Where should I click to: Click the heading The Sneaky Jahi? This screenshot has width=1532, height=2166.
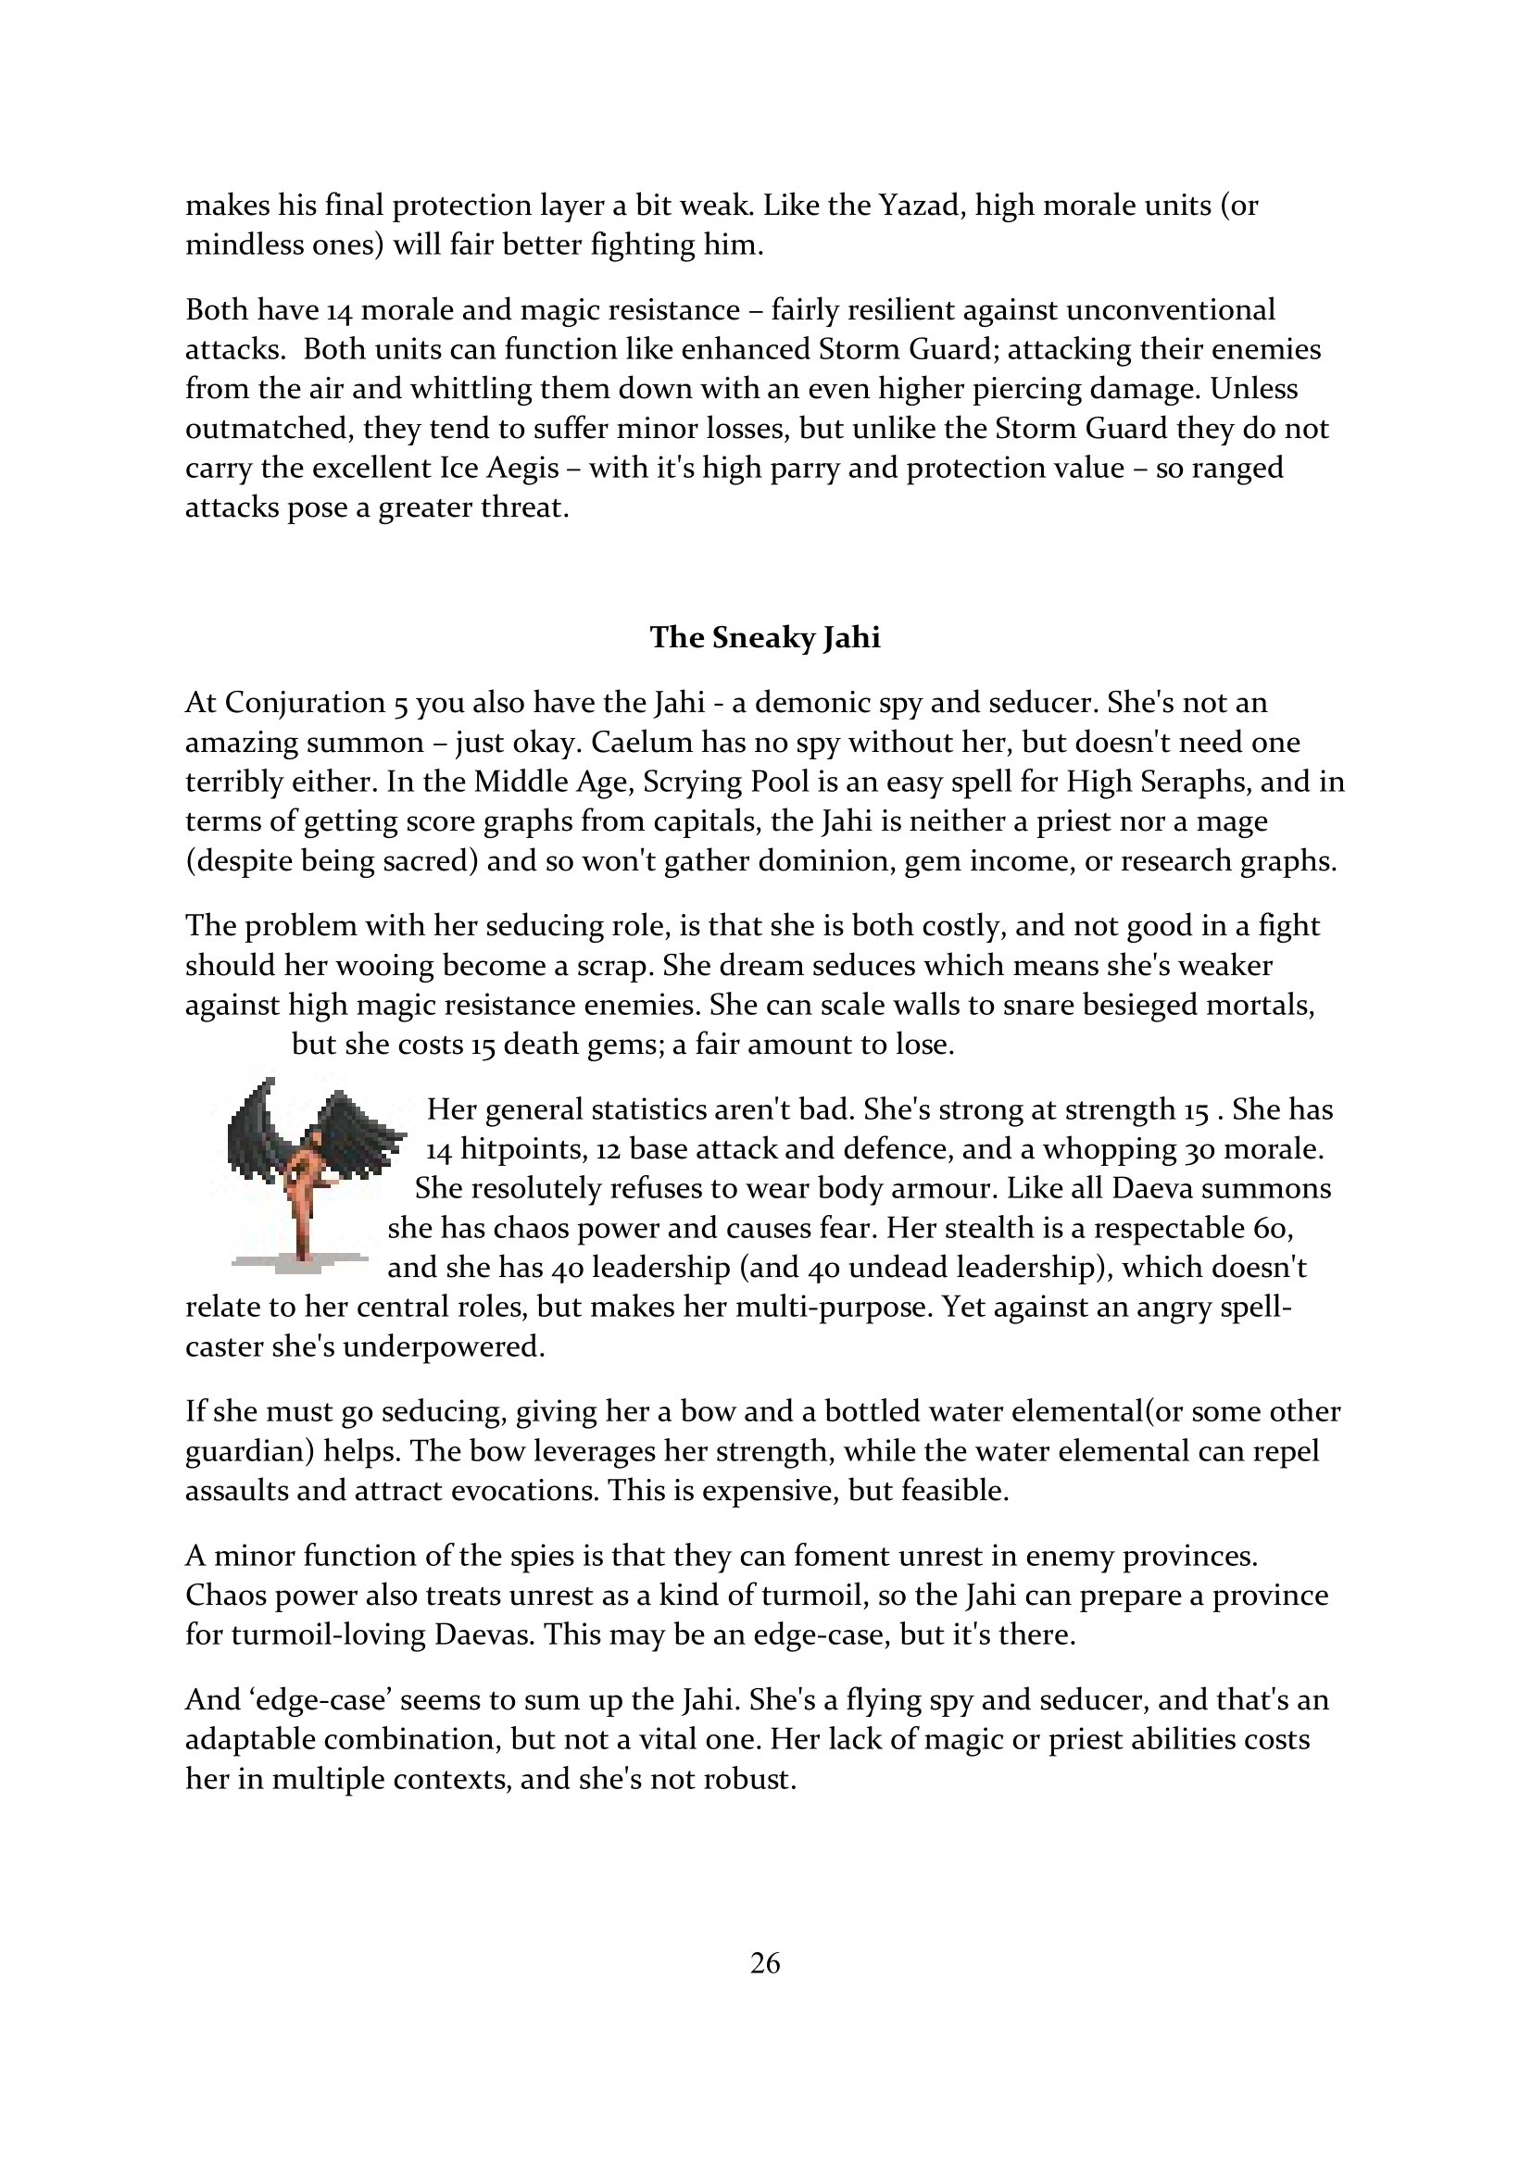(x=765, y=639)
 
